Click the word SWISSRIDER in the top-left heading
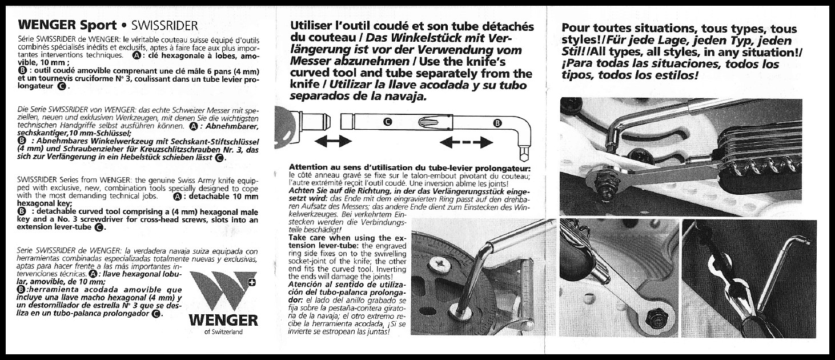pyautogui.click(x=164, y=25)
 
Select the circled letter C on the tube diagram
pyautogui.click(x=387, y=122)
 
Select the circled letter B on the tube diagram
pyautogui.click(x=497, y=122)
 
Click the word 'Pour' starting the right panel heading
pyautogui.click(x=577, y=29)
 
